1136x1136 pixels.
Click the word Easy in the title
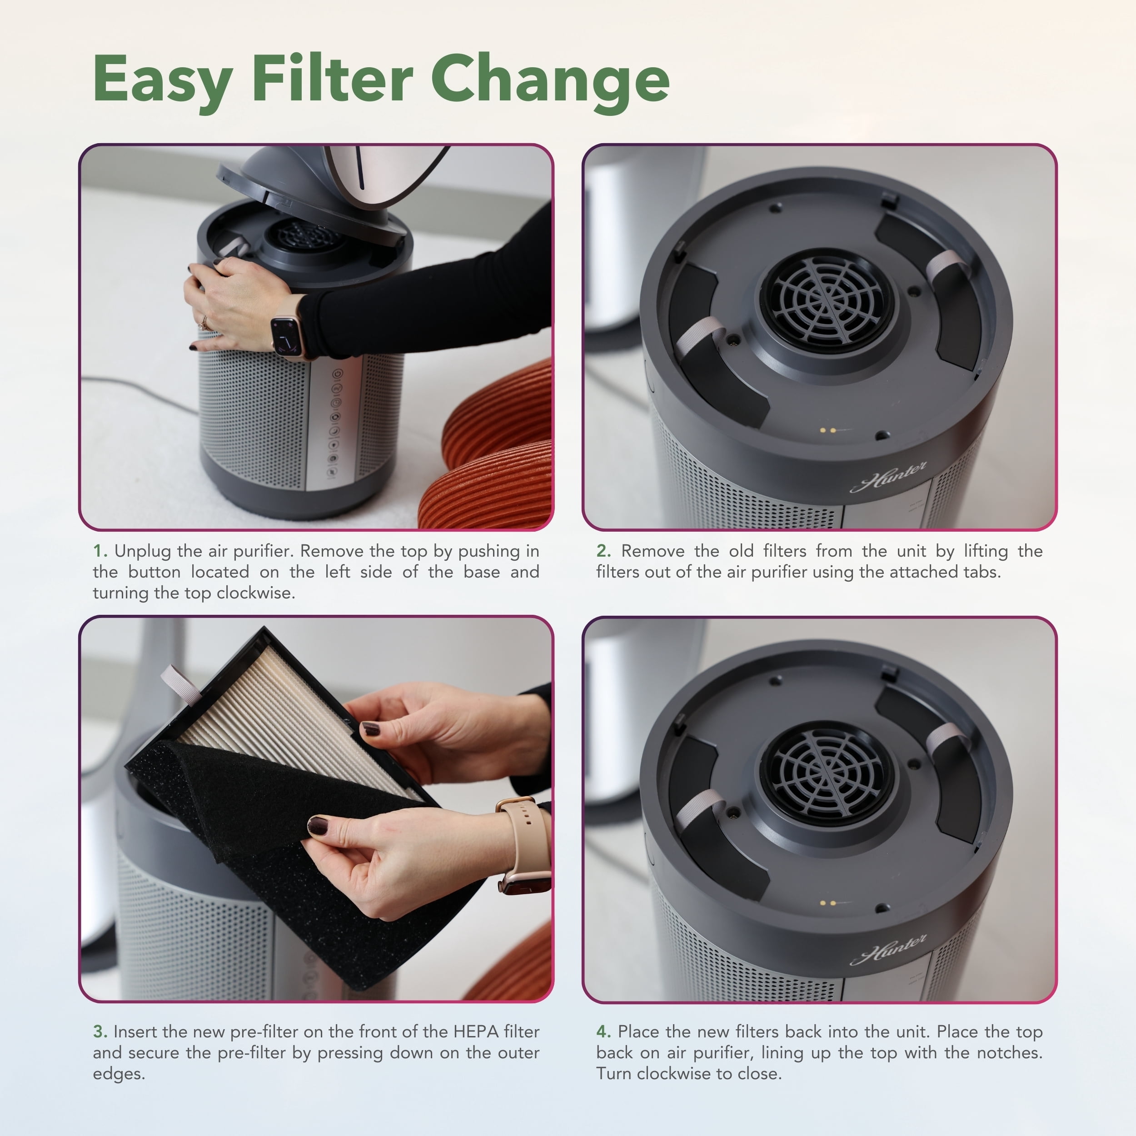point(163,80)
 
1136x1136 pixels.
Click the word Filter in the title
point(333,78)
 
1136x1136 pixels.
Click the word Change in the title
point(550,82)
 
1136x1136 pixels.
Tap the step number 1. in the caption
point(100,551)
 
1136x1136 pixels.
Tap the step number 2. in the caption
point(604,551)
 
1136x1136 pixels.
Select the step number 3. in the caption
point(100,1031)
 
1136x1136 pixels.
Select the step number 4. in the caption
point(604,1031)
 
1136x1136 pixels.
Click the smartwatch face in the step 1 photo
point(286,337)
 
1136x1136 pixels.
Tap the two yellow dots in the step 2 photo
point(828,430)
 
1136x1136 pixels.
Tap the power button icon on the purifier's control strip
point(338,374)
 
